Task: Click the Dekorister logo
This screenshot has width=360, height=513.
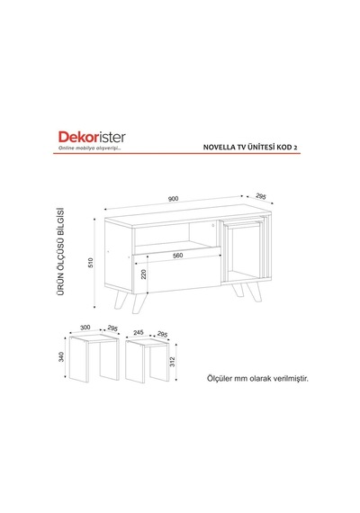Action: coord(92,137)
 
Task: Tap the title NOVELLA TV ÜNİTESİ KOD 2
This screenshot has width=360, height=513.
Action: coord(250,148)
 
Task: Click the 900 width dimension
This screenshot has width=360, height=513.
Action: coord(173,199)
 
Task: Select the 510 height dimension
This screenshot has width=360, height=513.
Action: coord(91,263)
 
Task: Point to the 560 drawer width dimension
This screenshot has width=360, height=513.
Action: coord(177,256)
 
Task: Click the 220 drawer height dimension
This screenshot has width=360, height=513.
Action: coord(143,274)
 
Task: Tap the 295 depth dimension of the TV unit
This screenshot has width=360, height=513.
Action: coord(260,196)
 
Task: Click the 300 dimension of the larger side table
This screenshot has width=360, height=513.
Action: coord(85,328)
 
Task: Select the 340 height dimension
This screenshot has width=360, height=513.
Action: coord(61,356)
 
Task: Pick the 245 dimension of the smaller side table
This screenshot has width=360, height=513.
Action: coord(139,332)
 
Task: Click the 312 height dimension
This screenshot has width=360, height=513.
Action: coord(173,362)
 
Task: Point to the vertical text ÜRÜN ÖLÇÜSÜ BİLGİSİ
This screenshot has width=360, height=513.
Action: coord(60,252)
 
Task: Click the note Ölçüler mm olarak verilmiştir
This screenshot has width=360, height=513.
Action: coord(257,379)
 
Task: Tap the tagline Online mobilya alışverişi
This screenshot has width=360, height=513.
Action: coord(90,148)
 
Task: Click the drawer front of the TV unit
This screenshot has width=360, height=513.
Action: coord(176,271)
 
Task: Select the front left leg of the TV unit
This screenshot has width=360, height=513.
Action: coord(139,303)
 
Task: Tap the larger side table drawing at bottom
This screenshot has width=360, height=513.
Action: coord(94,357)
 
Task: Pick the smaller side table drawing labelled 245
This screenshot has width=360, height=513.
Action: coord(148,361)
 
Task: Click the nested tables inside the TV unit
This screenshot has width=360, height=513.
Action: coord(244,248)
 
